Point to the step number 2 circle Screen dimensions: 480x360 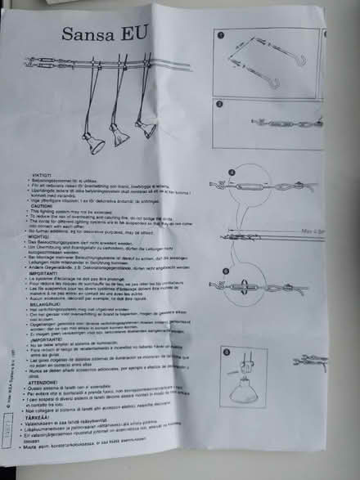pyautogui.click(x=219, y=104)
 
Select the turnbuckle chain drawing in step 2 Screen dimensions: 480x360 pyautogui.click(x=270, y=123)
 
